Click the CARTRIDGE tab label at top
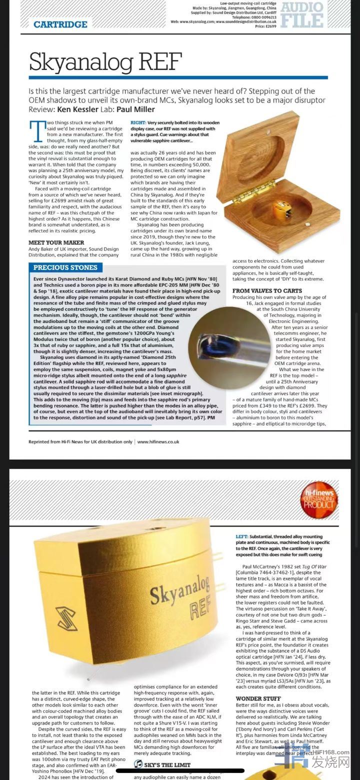(x=60, y=24)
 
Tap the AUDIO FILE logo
(x=302, y=14)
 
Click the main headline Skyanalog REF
(x=105, y=61)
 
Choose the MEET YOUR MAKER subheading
(x=56, y=242)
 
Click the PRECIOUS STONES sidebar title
(x=65, y=267)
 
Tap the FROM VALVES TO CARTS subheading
(x=267, y=290)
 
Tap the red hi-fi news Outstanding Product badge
(x=319, y=500)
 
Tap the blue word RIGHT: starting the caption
(x=138, y=122)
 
